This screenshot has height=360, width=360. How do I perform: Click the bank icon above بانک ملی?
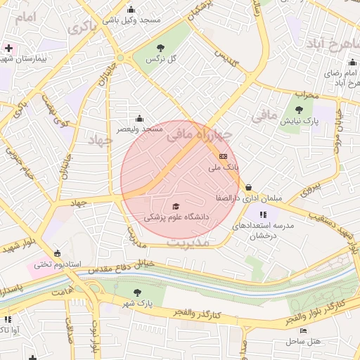[223, 156]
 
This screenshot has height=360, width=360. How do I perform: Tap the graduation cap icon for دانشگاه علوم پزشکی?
[176, 207]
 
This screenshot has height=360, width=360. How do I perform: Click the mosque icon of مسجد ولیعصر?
[139, 118]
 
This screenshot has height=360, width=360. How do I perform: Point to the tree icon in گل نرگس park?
[160, 48]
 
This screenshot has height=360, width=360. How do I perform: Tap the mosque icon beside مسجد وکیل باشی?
[131, 9]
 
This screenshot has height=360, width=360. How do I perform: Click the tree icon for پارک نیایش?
[300, 110]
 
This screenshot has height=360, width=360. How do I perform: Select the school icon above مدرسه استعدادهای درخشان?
[263, 214]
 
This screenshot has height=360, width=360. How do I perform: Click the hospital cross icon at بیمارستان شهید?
[8, 49]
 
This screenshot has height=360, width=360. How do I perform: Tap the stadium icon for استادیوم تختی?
[57, 253]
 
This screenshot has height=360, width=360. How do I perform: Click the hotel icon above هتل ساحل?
[303, 330]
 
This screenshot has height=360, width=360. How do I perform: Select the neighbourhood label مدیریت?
[190, 242]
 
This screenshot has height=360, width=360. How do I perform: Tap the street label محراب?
[307, 94]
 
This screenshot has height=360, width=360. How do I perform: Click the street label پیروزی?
[310, 188]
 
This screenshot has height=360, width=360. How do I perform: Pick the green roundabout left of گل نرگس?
[121, 58]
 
